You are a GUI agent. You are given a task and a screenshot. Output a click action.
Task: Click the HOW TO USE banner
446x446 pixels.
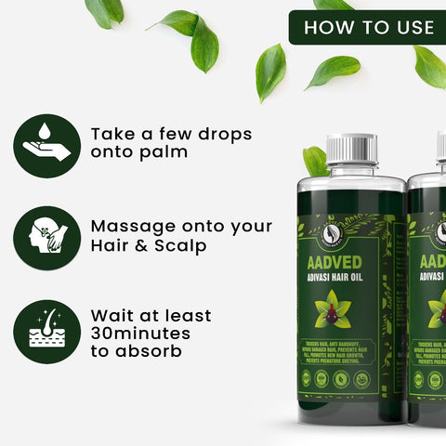(368, 27)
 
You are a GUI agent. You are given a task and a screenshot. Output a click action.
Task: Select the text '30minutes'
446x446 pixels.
(140, 332)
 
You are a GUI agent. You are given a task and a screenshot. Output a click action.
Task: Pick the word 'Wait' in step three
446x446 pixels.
(114, 313)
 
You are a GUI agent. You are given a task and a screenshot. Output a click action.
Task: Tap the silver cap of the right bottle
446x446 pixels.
(440, 149)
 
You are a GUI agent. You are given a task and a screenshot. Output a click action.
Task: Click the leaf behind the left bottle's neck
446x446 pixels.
(315, 161)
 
